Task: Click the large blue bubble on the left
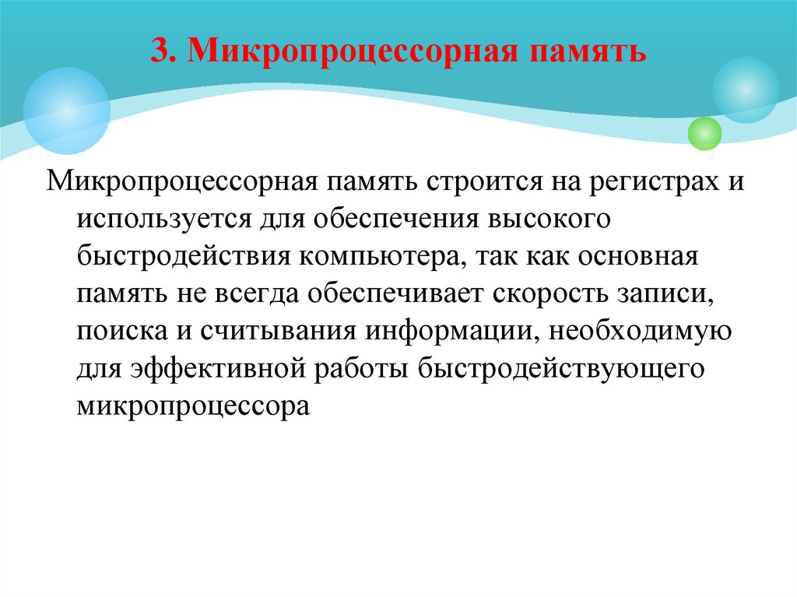[66, 111]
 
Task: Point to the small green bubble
[705, 133]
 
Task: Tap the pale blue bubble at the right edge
[746, 90]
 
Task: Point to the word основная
[639, 258]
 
